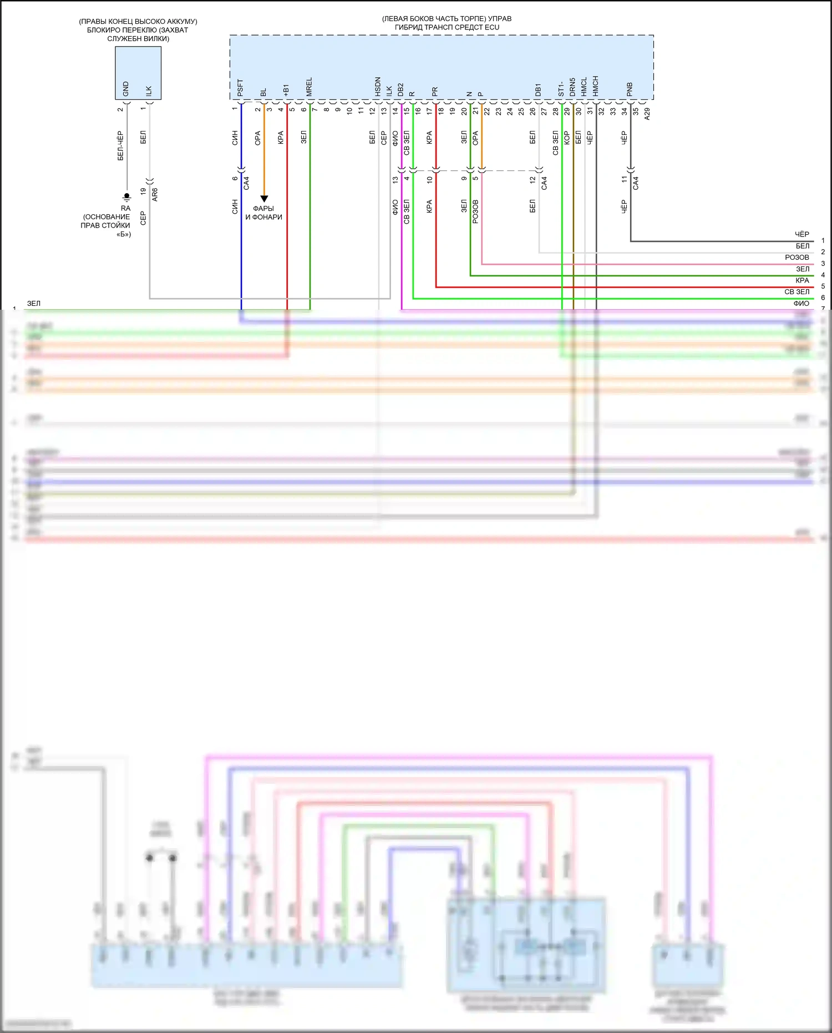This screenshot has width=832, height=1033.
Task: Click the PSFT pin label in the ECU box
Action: click(240, 88)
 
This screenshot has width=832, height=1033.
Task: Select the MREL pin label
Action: click(309, 87)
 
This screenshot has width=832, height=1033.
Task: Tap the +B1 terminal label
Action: click(286, 90)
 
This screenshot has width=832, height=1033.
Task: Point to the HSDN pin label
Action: click(378, 87)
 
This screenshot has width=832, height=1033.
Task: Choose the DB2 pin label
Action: click(400, 90)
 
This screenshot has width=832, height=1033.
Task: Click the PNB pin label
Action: click(630, 90)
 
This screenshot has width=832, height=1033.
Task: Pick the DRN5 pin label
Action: click(572, 87)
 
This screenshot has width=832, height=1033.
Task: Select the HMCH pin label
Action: click(595, 87)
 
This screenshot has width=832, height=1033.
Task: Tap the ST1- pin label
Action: click(561, 89)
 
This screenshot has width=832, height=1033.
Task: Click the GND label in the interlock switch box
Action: click(126, 89)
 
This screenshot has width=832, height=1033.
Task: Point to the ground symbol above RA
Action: click(126, 197)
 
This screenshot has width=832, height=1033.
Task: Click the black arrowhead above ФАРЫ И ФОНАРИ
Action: click(264, 199)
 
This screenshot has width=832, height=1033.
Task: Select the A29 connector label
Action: click(647, 114)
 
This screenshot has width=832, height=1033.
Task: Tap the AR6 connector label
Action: click(155, 194)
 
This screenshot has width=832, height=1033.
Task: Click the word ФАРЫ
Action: click(263, 209)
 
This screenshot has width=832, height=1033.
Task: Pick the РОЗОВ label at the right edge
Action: click(797, 258)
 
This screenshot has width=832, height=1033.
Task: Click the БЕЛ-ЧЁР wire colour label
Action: click(120, 146)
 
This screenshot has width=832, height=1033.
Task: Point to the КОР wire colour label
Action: click(567, 138)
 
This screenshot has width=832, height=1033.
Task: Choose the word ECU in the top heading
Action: click(492, 27)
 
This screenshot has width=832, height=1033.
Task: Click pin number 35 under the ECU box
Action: click(636, 111)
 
